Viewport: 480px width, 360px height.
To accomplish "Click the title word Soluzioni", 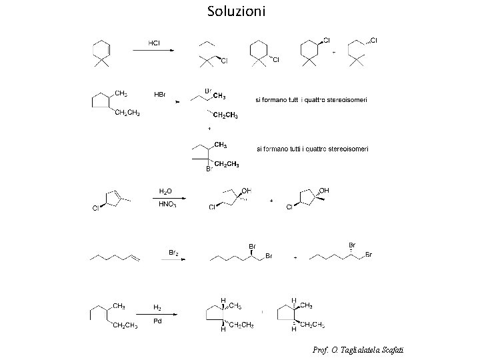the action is pos(236,11).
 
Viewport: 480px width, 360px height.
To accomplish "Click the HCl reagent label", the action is pos(153,43).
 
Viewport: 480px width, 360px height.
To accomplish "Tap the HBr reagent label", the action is pos(160,94).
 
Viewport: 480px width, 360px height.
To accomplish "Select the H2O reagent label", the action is pos(165,191).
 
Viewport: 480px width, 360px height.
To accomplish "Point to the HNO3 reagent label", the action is pos(167,204).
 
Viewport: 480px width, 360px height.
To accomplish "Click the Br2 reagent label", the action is pos(172,252).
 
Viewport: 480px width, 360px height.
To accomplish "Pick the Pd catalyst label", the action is pos(157,321).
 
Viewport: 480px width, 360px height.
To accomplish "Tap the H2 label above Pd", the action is pos(157,307).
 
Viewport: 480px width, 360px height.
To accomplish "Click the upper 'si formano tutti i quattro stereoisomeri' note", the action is pos(311,100).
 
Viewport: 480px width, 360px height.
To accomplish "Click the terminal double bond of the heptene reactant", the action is pos(136,257).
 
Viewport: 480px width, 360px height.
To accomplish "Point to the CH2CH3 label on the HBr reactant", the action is pos(127,113).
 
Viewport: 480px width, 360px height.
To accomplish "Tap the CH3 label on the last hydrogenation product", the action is pos(307,305).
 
